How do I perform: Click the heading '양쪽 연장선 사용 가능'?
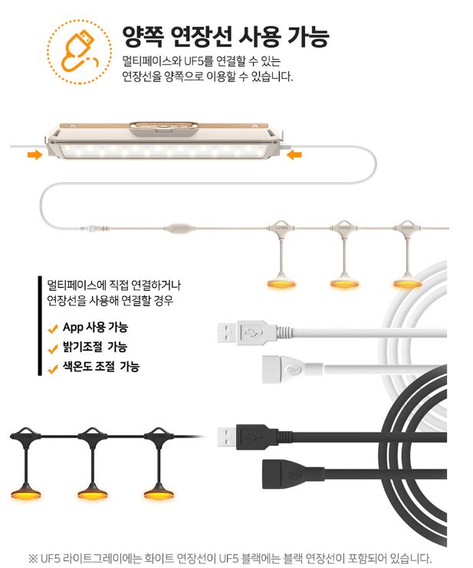pyautogui.click(x=225, y=36)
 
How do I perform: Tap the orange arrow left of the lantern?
pyautogui.click(x=34, y=155)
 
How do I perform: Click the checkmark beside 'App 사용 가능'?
pyautogui.click(x=53, y=329)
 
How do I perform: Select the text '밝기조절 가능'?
pyautogui.click(x=96, y=348)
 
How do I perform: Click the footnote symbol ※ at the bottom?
pyautogui.click(x=32, y=557)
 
